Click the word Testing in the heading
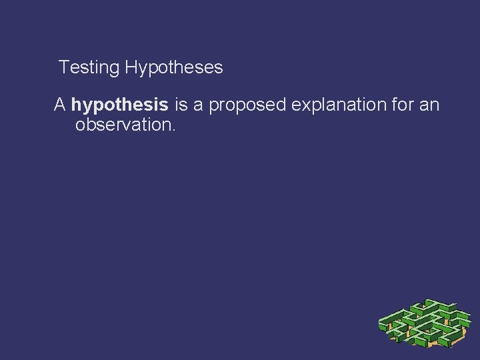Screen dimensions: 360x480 [89, 68]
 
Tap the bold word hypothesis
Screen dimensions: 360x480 [119, 105]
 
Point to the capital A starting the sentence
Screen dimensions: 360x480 [60, 105]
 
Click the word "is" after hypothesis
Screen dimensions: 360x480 [181, 105]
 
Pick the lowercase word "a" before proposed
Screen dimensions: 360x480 [198, 105]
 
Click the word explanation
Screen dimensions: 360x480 [329, 105]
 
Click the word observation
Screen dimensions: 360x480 [123, 125]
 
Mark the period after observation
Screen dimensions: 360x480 [173, 129]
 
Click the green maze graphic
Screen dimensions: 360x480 [424, 323]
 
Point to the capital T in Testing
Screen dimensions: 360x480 [63, 68]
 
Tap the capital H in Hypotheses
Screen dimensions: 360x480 [130, 68]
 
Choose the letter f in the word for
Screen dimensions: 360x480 [387, 105]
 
